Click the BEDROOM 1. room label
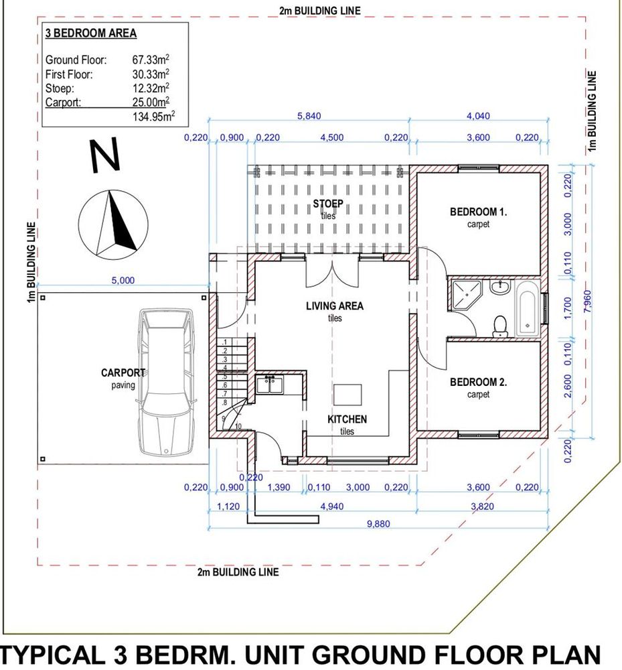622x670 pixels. click(478, 212)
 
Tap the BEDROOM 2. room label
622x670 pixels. click(478, 383)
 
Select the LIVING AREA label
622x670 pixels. click(335, 306)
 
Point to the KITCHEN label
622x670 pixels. click(347, 419)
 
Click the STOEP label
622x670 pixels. click(328, 204)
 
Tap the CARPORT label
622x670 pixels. click(123, 373)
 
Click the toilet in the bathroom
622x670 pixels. click(499, 326)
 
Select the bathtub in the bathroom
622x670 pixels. click(528, 308)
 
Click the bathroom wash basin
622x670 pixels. click(499, 286)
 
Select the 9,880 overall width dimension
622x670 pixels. click(378, 524)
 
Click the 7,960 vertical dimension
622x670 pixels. click(587, 301)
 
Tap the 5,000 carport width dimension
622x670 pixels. click(123, 280)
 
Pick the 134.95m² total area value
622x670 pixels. click(154, 116)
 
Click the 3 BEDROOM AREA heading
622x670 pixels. click(91, 33)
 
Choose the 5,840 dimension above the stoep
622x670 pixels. click(309, 116)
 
